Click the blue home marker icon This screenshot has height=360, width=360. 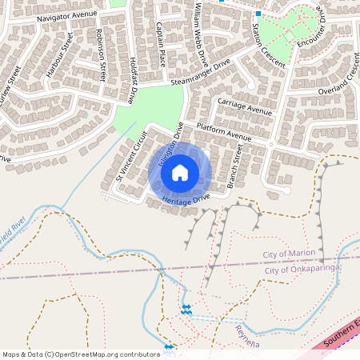(x=180, y=172)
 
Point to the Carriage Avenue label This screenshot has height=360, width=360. (x=245, y=106)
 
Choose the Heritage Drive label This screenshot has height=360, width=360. (x=186, y=198)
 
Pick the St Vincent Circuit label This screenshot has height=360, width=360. (x=132, y=155)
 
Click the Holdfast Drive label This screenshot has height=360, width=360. (x=130, y=80)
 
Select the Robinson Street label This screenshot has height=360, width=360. (x=100, y=56)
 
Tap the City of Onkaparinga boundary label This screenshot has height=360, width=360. (x=302, y=270)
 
